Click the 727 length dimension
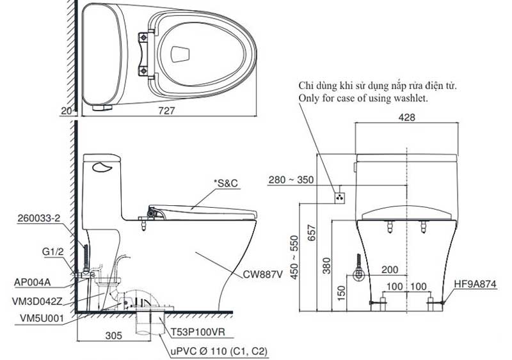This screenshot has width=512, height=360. [x=166, y=111]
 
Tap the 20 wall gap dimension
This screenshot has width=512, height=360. [x=66, y=111]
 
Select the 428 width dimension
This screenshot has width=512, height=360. [x=406, y=117]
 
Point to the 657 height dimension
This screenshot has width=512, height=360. [x=312, y=232]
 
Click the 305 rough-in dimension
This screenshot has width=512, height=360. [x=114, y=335]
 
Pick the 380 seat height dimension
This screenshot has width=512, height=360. [x=326, y=265]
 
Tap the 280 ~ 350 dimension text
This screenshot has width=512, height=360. [x=291, y=180]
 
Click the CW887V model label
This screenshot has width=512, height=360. [x=262, y=274]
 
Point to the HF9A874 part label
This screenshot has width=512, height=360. [x=475, y=285]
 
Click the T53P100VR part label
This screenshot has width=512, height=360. [x=198, y=333]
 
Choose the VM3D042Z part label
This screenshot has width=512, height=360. [x=37, y=301]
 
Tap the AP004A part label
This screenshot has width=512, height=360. [x=33, y=283]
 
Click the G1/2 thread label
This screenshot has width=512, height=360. [x=53, y=251]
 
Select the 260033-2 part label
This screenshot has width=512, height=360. [x=39, y=218]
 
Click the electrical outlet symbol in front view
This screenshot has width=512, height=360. [x=340, y=197]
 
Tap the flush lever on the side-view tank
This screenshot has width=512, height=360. [x=102, y=168]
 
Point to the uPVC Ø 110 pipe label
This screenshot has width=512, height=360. [x=219, y=351]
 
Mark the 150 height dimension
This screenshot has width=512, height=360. [x=341, y=293]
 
